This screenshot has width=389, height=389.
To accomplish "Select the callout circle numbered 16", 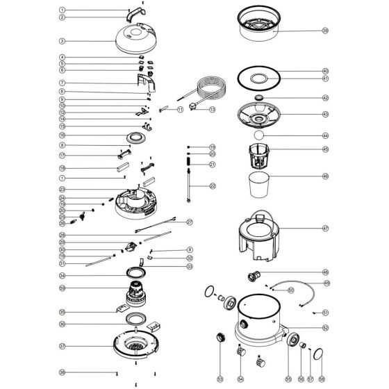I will click(x=62, y=135).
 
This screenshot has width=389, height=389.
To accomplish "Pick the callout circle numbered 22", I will click(x=213, y=186).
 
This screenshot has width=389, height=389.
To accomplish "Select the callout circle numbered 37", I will click(x=62, y=345).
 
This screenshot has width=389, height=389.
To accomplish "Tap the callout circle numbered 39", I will click(x=325, y=31).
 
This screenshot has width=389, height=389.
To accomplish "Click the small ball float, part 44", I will click(x=258, y=134).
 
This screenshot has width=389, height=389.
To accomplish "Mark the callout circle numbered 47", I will click(x=325, y=227).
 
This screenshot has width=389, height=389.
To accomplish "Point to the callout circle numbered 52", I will click(x=325, y=326).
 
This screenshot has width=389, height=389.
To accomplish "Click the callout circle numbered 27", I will click(x=189, y=222).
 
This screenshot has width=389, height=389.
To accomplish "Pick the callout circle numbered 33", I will click(x=189, y=266).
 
